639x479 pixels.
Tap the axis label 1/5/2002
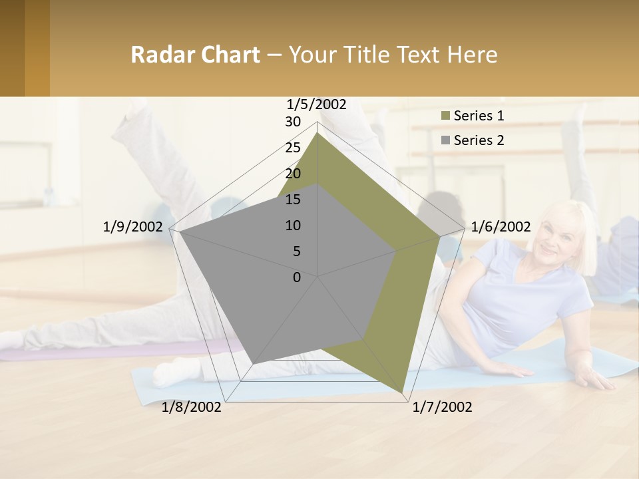317,104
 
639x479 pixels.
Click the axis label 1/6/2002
501,227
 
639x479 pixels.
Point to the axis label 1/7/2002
442,407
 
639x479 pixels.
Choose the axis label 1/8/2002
192,407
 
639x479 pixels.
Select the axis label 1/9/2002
133,227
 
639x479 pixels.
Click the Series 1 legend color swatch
445,116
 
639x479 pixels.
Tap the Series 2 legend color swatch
445,140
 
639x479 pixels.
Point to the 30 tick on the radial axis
293,122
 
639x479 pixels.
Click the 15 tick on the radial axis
293,200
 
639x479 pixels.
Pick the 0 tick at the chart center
297,277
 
